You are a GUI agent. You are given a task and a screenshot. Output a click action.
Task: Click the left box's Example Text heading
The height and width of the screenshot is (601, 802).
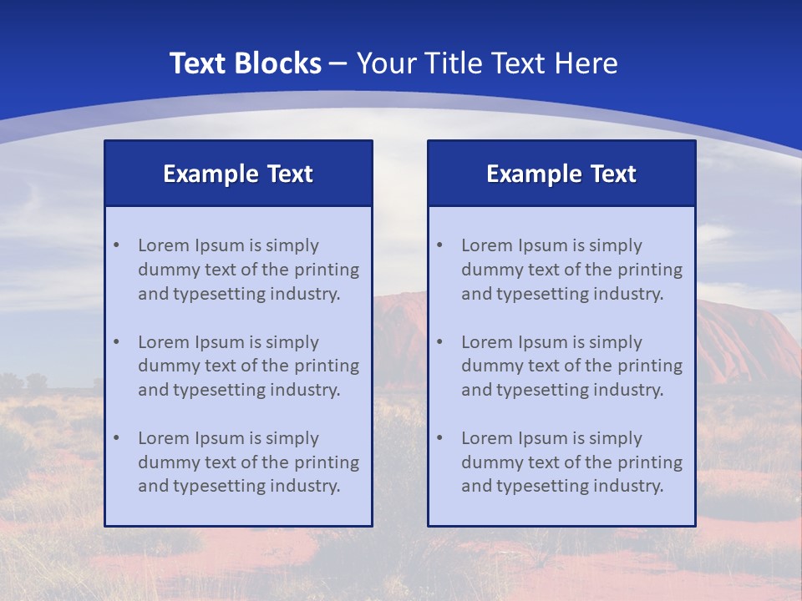point(238,174)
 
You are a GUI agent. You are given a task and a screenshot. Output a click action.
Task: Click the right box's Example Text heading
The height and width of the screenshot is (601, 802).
point(561,174)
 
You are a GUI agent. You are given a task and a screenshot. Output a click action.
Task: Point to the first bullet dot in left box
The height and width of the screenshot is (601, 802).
point(116,245)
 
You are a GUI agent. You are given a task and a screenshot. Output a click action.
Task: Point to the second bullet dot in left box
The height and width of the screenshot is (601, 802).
point(116,342)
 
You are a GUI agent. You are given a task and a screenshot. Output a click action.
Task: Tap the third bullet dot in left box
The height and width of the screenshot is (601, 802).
point(116,438)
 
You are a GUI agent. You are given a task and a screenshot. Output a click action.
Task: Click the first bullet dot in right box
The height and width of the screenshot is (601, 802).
point(439,245)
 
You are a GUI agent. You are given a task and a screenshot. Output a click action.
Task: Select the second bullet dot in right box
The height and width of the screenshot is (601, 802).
point(439,342)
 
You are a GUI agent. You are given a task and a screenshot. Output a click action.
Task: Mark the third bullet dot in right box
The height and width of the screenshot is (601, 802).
point(439,438)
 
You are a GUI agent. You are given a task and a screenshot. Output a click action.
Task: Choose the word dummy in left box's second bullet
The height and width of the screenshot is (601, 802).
point(165,366)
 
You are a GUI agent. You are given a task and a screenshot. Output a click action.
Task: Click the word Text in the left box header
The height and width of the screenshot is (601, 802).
point(290,174)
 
